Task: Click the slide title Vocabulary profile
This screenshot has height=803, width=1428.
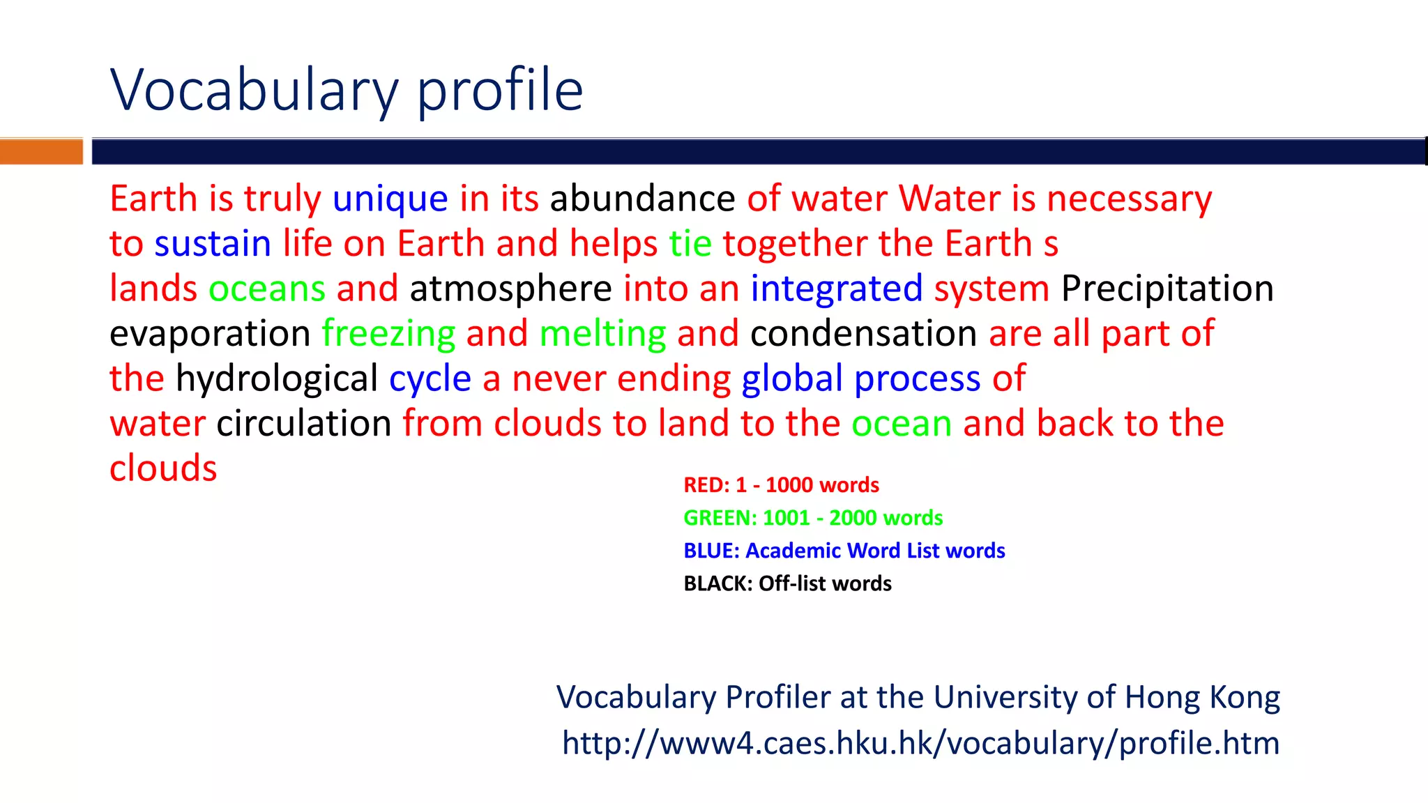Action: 347,91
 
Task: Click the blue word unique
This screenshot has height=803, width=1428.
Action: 390,199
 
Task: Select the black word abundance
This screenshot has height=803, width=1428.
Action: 642,199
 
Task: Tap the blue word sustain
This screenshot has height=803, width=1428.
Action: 213,244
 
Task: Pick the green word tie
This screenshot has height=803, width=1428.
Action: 690,244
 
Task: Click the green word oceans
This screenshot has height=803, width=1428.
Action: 267,289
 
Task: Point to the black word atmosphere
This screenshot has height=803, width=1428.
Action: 510,289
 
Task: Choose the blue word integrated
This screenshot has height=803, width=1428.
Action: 836,289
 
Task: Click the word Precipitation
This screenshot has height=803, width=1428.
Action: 1167,289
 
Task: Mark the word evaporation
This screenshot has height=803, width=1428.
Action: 210,334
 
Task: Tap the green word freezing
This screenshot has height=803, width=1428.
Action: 388,334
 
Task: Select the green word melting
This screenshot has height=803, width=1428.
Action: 602,334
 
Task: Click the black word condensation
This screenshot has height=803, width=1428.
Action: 863,334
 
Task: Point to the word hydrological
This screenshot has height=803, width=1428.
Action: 277,379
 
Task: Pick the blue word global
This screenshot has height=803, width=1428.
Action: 792,379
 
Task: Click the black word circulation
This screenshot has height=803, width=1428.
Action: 304,424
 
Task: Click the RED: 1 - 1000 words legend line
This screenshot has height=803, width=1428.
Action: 781,485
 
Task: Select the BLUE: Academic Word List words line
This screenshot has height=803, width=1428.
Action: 844,551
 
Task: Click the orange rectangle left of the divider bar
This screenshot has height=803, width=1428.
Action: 41,151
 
